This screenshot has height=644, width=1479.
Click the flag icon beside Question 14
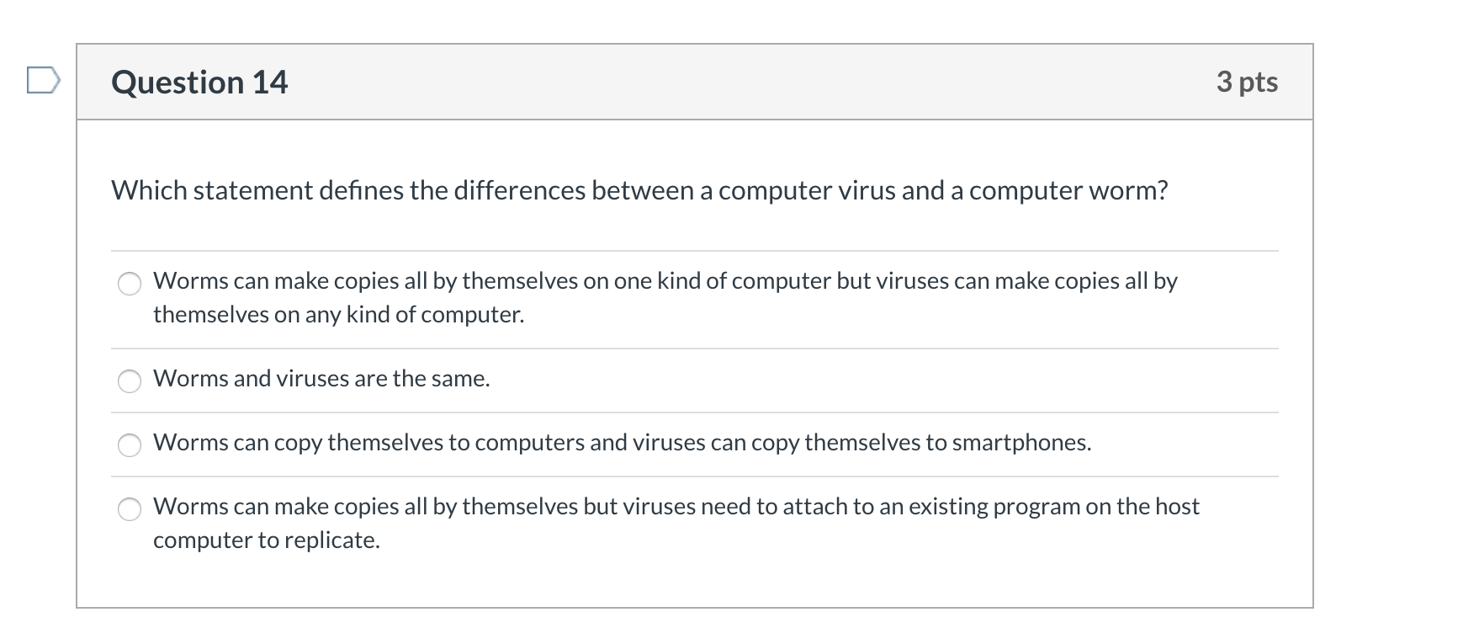coord(43,81)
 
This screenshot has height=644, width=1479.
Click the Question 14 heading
coord(199,82)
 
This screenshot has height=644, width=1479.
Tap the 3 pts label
coord(1247,82)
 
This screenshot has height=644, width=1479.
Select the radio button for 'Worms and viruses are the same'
coord(130,381)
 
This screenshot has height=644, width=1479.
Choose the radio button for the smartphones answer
coord(130,445)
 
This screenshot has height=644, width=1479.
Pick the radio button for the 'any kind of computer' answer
coord(130,284)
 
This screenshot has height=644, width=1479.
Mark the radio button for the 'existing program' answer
coord(130,509)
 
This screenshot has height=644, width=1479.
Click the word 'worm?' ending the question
coord(1128,191)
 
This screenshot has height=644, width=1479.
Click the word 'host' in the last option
coord(1177,507)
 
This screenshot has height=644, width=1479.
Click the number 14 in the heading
coord(270,82)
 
